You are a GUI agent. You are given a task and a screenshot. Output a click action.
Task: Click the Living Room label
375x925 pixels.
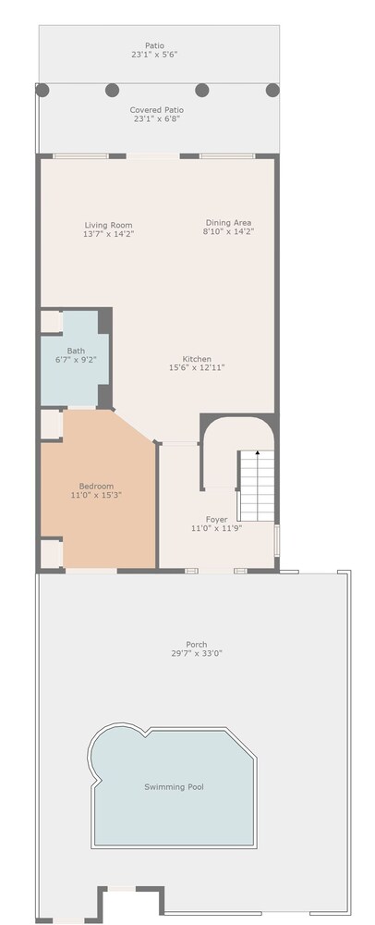108,225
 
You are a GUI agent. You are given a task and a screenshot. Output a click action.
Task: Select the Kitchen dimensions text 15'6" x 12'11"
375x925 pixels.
197,367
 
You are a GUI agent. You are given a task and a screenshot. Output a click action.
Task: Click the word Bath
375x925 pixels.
76,351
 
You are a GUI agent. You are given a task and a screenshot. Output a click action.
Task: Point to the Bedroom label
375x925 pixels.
97,487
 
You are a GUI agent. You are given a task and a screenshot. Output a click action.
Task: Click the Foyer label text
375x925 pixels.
217,519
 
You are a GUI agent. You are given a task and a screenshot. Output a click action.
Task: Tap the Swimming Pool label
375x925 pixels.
175,786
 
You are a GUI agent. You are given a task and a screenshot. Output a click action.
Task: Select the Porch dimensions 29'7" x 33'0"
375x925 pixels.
197,653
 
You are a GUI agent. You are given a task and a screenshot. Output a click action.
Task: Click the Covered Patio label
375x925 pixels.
157,110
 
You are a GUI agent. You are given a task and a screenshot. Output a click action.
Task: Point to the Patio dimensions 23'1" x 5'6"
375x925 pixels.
155,55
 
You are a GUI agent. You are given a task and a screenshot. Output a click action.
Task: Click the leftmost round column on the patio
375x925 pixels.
42,91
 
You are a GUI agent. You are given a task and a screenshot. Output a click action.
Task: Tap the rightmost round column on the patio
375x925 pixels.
272,91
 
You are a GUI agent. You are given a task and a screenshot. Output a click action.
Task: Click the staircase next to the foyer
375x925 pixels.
257,487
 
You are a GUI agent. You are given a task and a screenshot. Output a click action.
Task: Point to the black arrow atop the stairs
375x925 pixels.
258,452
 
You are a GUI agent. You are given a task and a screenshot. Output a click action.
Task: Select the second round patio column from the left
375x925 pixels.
113,91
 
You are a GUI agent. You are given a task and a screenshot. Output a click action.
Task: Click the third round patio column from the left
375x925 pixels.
202,91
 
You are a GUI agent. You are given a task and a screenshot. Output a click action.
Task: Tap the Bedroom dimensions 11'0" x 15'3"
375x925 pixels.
97,495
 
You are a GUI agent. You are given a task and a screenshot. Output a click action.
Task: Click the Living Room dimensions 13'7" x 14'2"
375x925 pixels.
108,234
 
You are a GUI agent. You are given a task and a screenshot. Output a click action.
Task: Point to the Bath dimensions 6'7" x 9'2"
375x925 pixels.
76,359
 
